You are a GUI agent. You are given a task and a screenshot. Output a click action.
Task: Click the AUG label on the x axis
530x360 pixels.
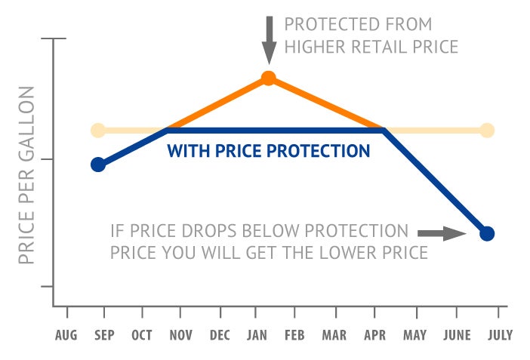(67, 335)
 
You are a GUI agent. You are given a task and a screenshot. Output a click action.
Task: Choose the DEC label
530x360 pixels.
(220, 335)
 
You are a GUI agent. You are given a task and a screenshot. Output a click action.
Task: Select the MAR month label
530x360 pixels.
(335, 335)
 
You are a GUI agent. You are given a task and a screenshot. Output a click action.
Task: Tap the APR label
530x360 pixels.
(374, 335)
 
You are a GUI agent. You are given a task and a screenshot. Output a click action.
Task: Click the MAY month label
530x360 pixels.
(414, 335)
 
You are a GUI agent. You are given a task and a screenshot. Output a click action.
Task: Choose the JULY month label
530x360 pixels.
(498, 335)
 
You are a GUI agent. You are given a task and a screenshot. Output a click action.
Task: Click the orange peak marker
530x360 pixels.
(268, 78)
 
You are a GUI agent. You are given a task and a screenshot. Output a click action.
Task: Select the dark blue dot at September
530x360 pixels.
(97, 165)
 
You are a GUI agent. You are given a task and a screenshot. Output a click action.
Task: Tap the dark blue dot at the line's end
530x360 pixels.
(487, 233)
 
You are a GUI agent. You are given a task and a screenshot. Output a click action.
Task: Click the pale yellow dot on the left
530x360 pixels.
(97, 131)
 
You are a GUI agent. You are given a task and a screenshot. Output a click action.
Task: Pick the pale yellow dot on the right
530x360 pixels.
(487, 131)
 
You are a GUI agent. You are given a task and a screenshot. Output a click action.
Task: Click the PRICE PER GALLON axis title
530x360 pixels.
(27, 175)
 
